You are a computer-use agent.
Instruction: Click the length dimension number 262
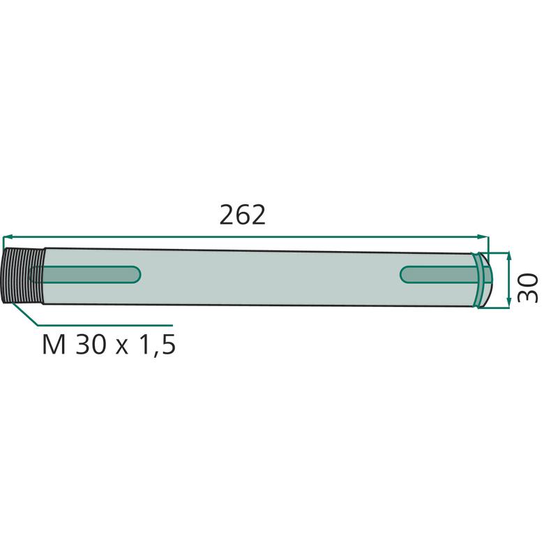(x=242, y=215)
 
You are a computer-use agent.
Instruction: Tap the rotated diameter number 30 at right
(x=527, y=287)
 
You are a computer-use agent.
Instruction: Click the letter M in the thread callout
(x=54, y=345)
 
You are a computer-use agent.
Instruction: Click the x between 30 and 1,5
(x=122, y=347)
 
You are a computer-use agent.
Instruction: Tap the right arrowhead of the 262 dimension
(x=483, y=237)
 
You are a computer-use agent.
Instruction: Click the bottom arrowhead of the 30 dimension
(x=509, y=303)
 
